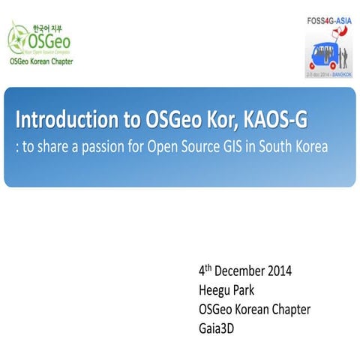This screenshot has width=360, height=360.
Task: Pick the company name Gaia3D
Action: pyautogui.click(x=218, y=328)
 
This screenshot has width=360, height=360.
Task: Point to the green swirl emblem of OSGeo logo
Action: pyautogui.click(x=18, y=37)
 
